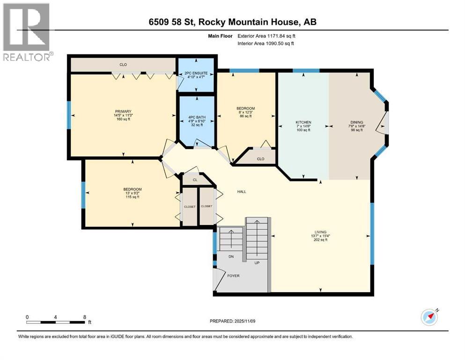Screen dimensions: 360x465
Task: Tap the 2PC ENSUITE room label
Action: [195, 74]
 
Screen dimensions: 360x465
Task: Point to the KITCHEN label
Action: [303, 122]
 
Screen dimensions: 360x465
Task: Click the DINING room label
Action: [356, 122]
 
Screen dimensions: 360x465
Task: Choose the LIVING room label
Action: [320, 232]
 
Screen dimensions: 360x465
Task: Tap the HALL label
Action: [242, 192]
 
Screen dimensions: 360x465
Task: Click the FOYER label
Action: [233, 276]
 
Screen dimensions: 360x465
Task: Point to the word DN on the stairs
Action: [230, 257]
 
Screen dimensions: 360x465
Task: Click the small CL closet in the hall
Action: [194, 179]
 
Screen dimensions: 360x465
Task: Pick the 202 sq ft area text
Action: [320, 240]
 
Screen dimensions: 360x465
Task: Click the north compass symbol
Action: [429, 317]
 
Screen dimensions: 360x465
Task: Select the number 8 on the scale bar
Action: [84, 317]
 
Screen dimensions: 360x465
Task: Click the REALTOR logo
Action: [27, 32]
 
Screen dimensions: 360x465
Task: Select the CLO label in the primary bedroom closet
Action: [123, 65]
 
